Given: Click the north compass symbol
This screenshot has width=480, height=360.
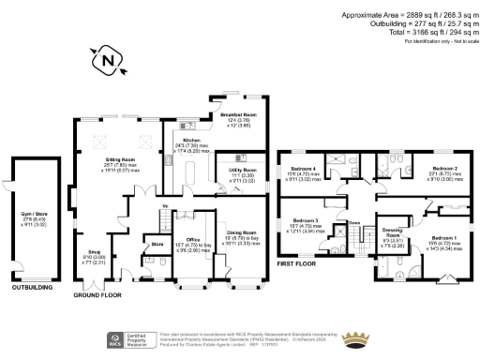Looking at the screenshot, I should (109, 63).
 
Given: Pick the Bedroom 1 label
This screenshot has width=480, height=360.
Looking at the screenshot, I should (431, 240).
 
